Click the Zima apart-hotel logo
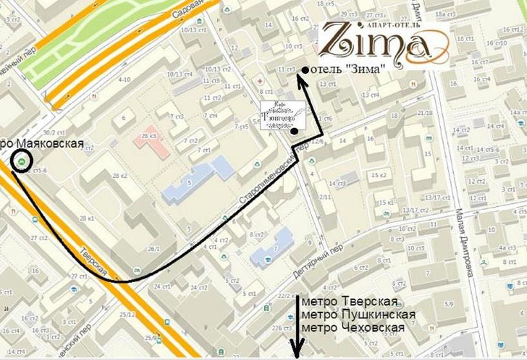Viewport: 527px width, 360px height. (383, 40)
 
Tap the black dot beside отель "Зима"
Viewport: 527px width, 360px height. (305, 69)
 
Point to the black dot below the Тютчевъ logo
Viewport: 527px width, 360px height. (294, 132)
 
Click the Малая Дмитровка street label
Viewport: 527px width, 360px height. (467, 237)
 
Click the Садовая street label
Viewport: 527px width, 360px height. (187, 10)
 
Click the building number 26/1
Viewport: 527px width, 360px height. (153, 249)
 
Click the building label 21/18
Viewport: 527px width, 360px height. (425, 113)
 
